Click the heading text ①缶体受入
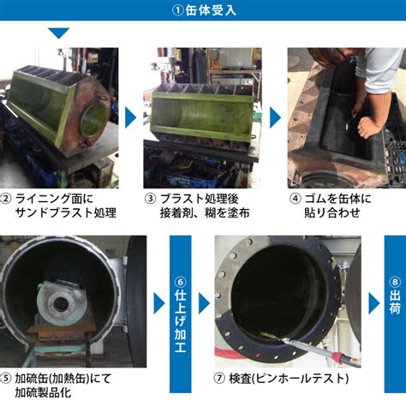[x=204, y=10]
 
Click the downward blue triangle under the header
[x=58, y=33]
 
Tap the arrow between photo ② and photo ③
[x=130, y=117]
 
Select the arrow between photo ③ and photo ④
[x=275, y=117]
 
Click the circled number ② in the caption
[x=5, y=198]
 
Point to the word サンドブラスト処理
[x=65, y=212]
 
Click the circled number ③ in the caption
[x=150, y=199]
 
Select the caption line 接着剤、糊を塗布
[x=205, y=212]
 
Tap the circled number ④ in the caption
[x=296, y=199]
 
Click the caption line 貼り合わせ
[x=332, y=212]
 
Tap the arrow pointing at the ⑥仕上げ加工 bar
[x=159, y=303]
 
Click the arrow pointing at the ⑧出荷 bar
[x=374, y=303]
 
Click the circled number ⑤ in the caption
[x=5, y=379]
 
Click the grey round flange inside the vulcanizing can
[x=62, y=302]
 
